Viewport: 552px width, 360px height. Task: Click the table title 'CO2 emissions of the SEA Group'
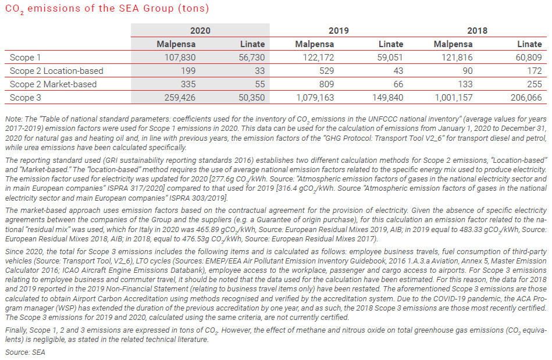coord(106,9)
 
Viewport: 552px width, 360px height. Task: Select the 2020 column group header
coord(200,30)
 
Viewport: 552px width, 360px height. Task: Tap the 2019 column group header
coord(339,30)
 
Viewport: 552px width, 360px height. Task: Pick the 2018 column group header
coord(477,30)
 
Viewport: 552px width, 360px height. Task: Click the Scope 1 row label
coord(26,57)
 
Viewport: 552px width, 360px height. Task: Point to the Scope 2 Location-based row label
coord(56,70)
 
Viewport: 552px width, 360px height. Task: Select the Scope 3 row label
coord(26,98)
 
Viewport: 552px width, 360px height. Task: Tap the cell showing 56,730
coord(251,57)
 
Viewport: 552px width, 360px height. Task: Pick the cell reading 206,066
coord(525,98)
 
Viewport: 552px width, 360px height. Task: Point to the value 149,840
coord(387,98)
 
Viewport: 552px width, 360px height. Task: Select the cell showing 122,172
coord(318,57)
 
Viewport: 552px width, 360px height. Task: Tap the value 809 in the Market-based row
coord(326,84)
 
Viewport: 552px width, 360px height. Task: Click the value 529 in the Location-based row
coord(326,70)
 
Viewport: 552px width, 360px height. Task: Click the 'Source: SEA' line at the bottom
coord(25,352)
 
